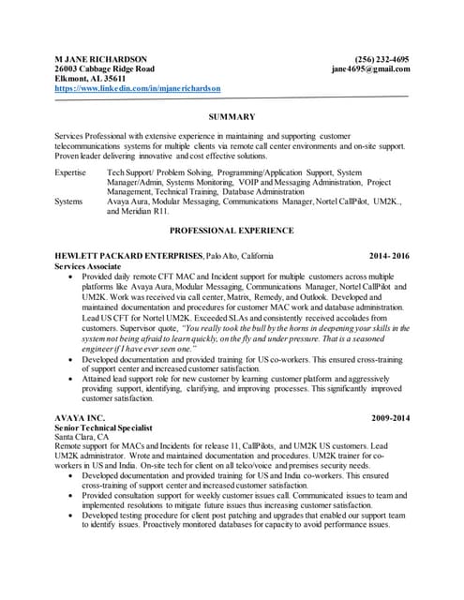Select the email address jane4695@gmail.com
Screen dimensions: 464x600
370,69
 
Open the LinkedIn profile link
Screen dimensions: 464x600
138,88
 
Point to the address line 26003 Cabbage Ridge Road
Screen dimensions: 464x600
105,69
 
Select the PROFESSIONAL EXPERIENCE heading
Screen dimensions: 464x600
232,230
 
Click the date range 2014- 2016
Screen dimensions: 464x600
389,256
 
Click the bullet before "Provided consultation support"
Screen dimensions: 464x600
74,498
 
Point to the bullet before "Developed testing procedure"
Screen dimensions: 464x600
74,517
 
